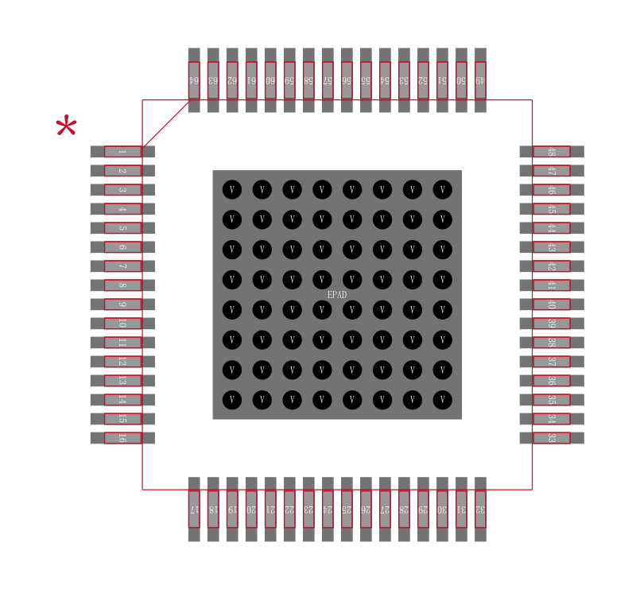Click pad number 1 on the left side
pos(122,151)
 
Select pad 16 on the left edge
pos(122,437)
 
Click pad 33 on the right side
pos(552,437)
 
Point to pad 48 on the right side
pos(552,151)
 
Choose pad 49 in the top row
pos(480,79)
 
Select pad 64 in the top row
pos(194,79)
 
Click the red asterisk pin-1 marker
pos(66,127)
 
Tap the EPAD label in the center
pos(337,294)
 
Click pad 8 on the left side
pos(122,285)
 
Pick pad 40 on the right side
pos(552,304)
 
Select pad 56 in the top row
pos(347,79)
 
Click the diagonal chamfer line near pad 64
pos(166,123)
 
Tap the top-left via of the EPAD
pos(231,189)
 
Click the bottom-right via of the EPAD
pos(442,399)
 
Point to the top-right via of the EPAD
pos(442,189)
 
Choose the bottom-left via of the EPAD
pos(231,399)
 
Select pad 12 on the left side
pos(122,361)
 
